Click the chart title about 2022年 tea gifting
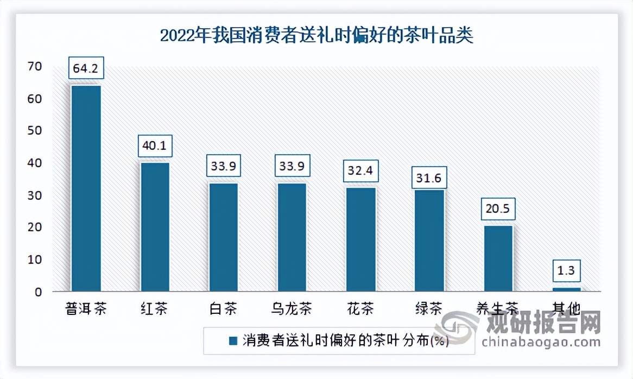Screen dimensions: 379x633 [x=316, y=36]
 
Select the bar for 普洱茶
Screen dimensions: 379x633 [x=86, y=187]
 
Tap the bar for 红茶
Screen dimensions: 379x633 [x=155, y=226]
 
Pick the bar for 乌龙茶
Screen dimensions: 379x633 [x=292, y=237]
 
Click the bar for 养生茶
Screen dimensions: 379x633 [x=498, y=258]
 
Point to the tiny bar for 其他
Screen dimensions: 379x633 [x=567, y=289]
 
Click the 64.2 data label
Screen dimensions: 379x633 [x=86, y=70]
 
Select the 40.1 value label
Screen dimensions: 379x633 [x=155, y=147]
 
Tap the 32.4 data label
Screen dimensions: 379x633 [x=360, y=172]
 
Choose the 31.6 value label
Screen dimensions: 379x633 [x=429, y=178]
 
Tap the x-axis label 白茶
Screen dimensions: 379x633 [x=223, y=309]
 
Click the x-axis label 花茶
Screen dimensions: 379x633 [x=360, y=309]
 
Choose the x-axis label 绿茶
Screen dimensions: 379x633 [x=429, y=309]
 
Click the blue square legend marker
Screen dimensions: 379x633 [x=233, y=341]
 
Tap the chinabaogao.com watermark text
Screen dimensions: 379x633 [x=540, y=342]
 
